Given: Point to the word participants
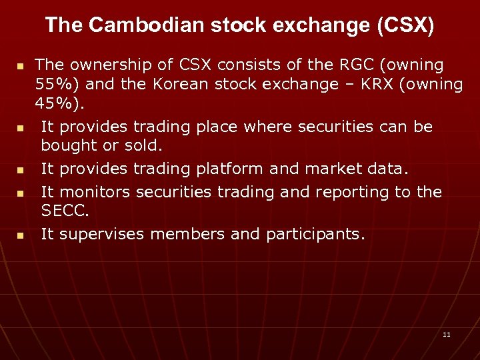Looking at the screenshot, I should coord(315,234).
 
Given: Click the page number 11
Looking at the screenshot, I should coord(447,334).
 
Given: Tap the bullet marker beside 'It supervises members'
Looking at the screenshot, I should coord(21,235).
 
